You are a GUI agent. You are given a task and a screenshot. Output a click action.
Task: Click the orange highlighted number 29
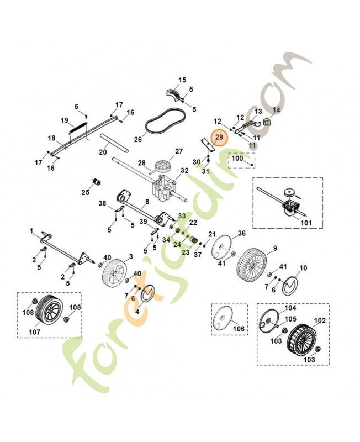coord(219,137)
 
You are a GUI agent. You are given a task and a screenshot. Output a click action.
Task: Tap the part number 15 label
coord(182,80)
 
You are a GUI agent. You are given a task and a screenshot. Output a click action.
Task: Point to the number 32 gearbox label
coord(184,171)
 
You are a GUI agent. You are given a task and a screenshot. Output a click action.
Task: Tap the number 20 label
coord(103,152)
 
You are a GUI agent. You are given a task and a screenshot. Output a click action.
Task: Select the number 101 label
coord(306,223)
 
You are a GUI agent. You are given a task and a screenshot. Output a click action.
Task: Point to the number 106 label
coord(239,329)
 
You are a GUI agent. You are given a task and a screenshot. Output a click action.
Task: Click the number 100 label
coord(237,158)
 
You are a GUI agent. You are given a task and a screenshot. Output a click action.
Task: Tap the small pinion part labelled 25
coord(97,182)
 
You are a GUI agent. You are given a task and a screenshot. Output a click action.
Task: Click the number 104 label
coord(290,308)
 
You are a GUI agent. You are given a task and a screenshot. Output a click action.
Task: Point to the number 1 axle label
coord(31,231)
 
